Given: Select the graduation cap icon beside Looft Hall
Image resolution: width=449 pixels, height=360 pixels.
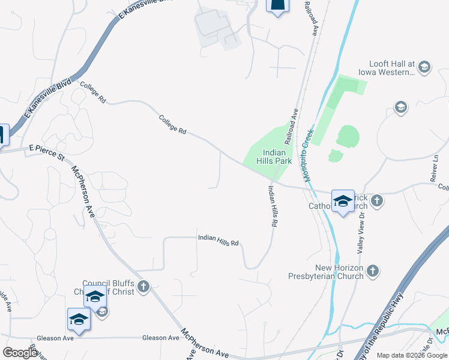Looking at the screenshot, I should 425,66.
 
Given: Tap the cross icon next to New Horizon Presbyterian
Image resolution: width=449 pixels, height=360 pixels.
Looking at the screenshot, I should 372,271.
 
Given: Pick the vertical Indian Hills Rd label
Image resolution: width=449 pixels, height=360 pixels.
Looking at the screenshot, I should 273,206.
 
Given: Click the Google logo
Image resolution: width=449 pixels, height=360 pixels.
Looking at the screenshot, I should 20,352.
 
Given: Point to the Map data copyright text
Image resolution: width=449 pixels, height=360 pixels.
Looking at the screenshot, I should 412,355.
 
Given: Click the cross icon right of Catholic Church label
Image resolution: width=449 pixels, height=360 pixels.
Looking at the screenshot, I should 376,200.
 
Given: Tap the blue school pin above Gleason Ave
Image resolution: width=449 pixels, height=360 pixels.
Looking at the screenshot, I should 79,320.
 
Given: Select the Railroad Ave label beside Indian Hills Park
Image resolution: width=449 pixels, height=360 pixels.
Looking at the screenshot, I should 292,127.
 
